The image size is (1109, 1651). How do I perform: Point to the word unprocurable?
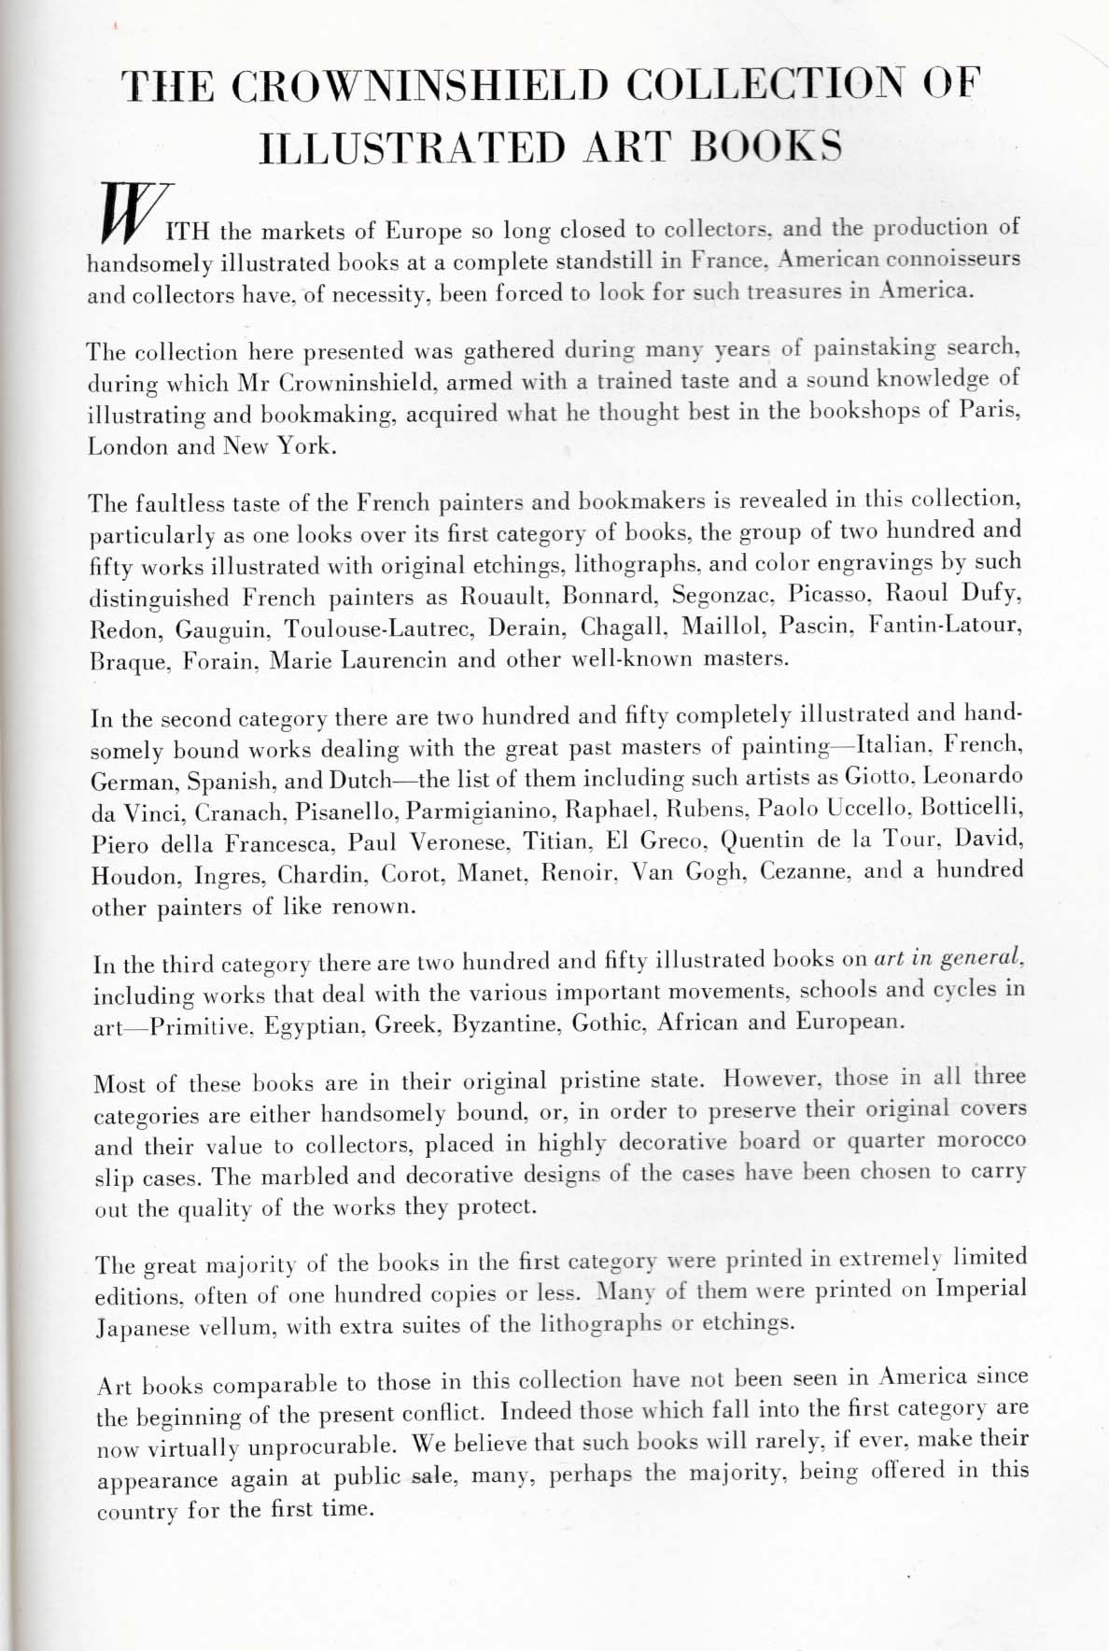[299, 1446]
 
